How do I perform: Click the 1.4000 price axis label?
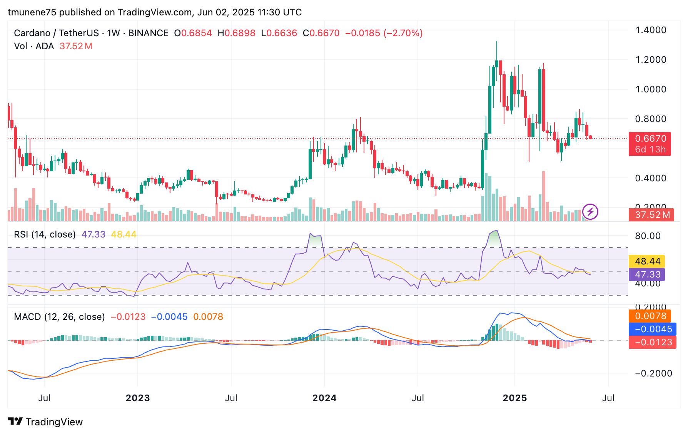[x=651, y=30]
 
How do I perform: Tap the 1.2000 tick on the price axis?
[x=651, y=60]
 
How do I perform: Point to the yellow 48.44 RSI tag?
[x=647, y=261]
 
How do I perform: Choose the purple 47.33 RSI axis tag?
[x=647, y=274]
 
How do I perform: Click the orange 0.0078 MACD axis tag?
[x=650, y=316]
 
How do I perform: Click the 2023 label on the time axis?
[x=138, y=398]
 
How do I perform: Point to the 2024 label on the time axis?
[x=324, y=398]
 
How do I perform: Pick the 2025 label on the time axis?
[x=515, y=398]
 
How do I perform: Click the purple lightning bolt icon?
[x=590, y=211]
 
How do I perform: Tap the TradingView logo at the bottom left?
[x=45, y=422]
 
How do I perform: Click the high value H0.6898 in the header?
[x=236, y=33]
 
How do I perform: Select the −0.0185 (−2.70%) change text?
[x=384, y=33]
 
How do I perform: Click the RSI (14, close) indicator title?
[x=45, y=234]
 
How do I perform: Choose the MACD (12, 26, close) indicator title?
[x=59, y=317]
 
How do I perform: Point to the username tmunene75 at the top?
[x=32, y=12]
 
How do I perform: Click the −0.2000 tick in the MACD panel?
[x=653, y=373]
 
